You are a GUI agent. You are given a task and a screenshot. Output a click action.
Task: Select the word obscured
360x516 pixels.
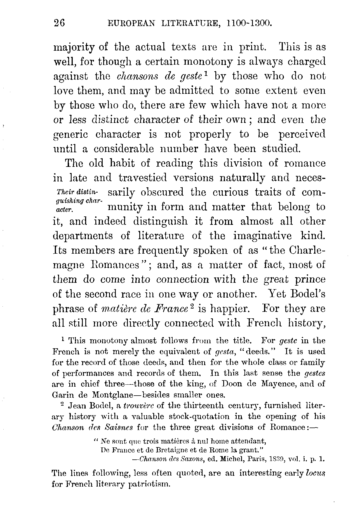[162, 192]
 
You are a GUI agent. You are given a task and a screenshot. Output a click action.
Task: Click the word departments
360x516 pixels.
[83, 236]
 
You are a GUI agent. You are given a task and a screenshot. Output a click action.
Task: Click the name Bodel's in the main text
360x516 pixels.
[308, 294]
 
